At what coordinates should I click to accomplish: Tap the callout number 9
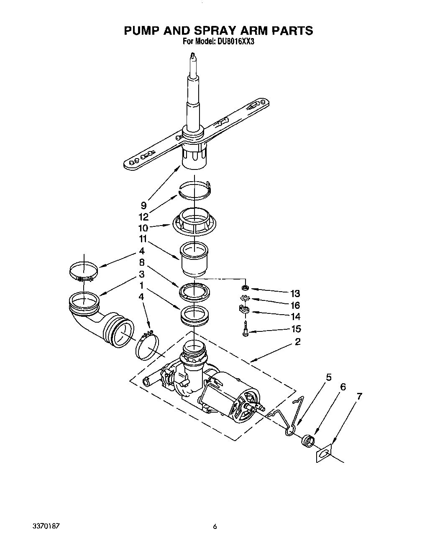(143, 205)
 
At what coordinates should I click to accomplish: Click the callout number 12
(143, 217)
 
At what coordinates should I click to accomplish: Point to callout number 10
(143, 228)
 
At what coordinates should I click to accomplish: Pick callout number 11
(143, 239)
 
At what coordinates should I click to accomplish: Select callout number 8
(142, 263)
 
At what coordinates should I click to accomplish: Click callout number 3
(142, 274)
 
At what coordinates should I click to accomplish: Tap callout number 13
(295, 293)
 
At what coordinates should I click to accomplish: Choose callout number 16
(295, 305)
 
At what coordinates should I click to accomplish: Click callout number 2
(297, 342)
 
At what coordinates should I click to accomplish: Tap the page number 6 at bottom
(215, 527)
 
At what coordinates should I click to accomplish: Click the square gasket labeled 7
(323, 454)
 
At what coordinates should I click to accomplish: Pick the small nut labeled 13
(245, 288)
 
